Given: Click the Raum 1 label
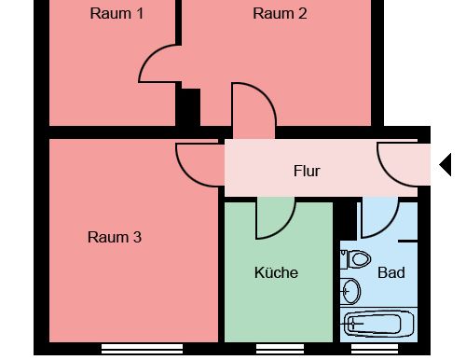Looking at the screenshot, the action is (116, 13).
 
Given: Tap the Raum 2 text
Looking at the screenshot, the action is (280, 13).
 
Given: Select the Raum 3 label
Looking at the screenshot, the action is (114, 237).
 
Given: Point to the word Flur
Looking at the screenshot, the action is (307, 171).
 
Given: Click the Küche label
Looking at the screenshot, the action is (276, 272).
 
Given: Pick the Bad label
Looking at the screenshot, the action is (391, 272).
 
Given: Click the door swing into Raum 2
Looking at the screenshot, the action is (253, 104).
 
